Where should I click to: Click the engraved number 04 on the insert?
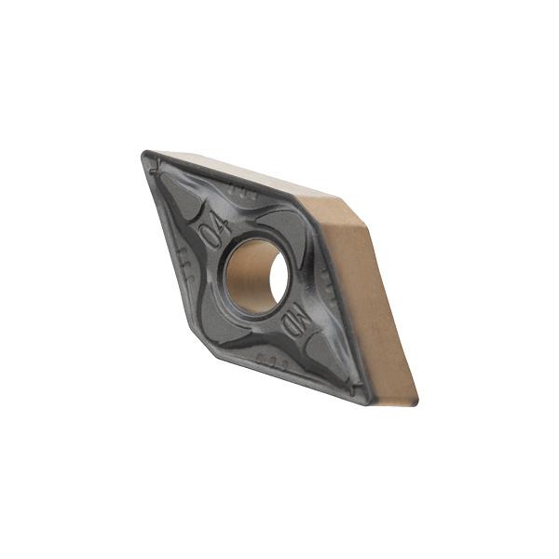coord(214,231)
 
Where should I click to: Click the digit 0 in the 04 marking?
coord(209,238)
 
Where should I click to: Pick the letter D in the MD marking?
coord(290,327)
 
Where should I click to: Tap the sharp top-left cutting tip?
coord(143,153)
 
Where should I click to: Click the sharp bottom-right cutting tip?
coord(369,403)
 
